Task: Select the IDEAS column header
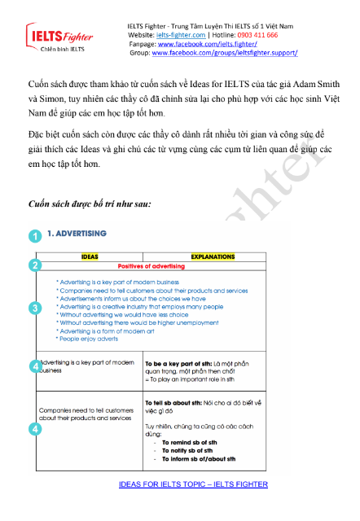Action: pos(90,256)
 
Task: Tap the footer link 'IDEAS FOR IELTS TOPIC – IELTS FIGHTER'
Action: pos(193,484)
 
